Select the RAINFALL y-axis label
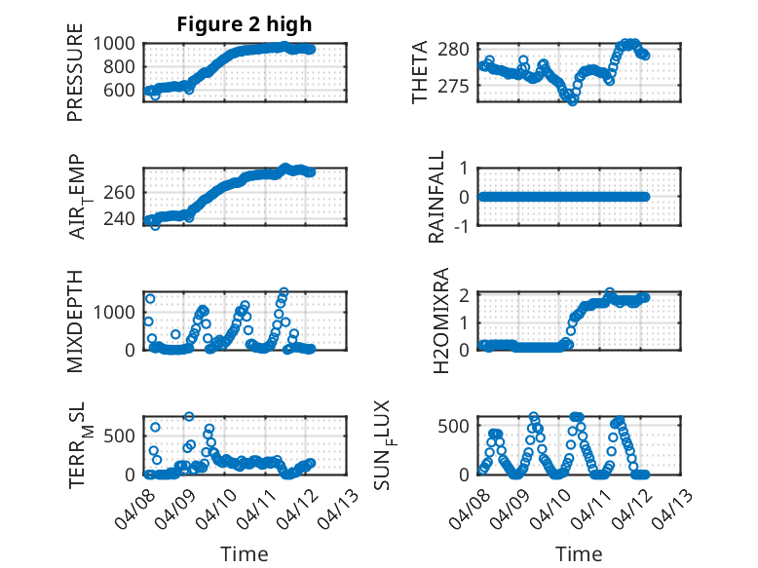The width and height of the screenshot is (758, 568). point(437,197)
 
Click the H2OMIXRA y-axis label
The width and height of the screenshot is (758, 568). point(441,322)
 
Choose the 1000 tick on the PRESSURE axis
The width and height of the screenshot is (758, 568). point(117,43)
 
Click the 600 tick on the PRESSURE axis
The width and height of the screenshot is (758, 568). point(123,91)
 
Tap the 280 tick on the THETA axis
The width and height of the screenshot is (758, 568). point(462,49)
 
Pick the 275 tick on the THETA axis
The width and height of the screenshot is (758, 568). point(462,86)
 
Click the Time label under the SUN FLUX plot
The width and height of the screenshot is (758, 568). point(579,554)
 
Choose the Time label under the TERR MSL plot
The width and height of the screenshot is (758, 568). point(245,554)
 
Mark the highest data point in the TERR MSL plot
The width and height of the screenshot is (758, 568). point(189,417)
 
